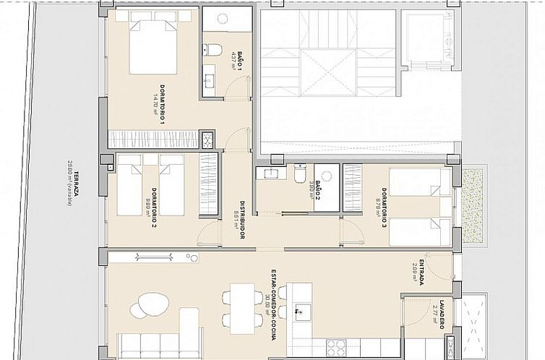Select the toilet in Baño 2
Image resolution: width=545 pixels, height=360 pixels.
(x=299, y=173)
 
